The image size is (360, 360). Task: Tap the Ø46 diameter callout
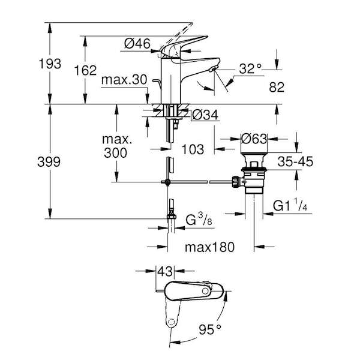tap(137, 43)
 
